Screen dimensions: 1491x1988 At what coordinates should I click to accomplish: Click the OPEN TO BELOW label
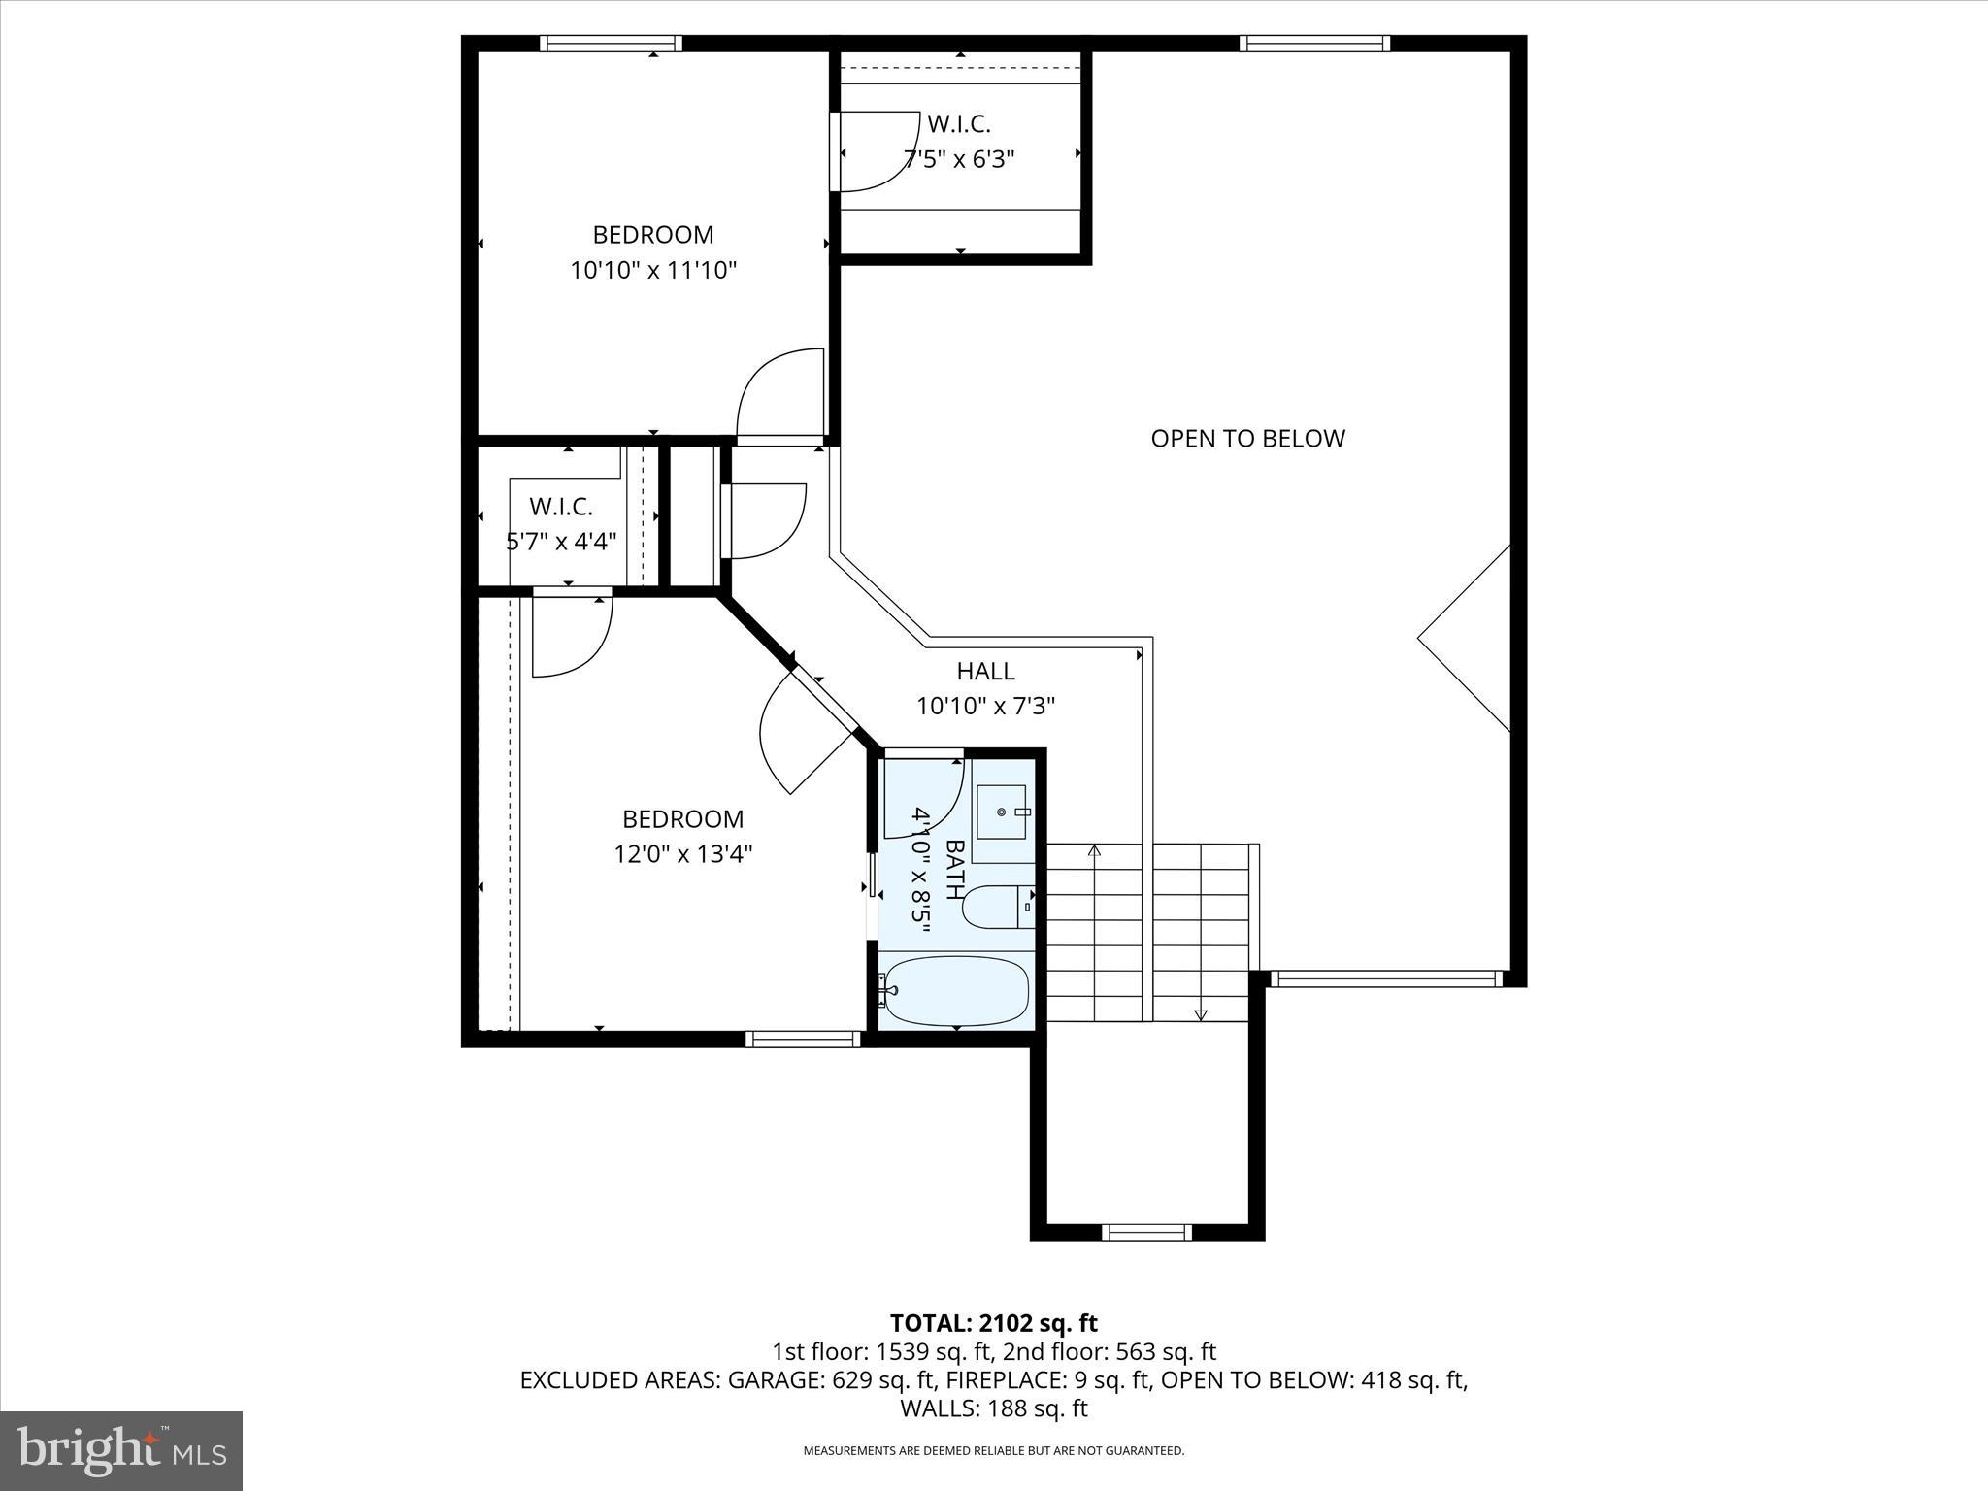point(1247,439)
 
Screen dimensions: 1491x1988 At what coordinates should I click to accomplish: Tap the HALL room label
point(985,671)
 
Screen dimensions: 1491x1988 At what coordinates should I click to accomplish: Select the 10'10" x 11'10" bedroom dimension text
point(653,270)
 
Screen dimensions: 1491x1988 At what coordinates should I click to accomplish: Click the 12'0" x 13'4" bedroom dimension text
point(682,854)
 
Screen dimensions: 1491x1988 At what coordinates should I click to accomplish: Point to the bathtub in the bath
point(956,991)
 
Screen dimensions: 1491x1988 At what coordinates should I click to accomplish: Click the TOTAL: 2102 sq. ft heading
point(993,1323)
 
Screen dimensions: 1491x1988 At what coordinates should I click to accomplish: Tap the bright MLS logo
point(121,1450)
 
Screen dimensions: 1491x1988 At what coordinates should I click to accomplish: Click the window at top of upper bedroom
point(611,43)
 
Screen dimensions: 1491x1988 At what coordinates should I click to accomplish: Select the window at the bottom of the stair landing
point(1146,1233)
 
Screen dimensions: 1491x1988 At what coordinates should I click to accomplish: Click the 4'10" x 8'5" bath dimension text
point(920,870)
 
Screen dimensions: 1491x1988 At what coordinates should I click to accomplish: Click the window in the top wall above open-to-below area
point(1315,43)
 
